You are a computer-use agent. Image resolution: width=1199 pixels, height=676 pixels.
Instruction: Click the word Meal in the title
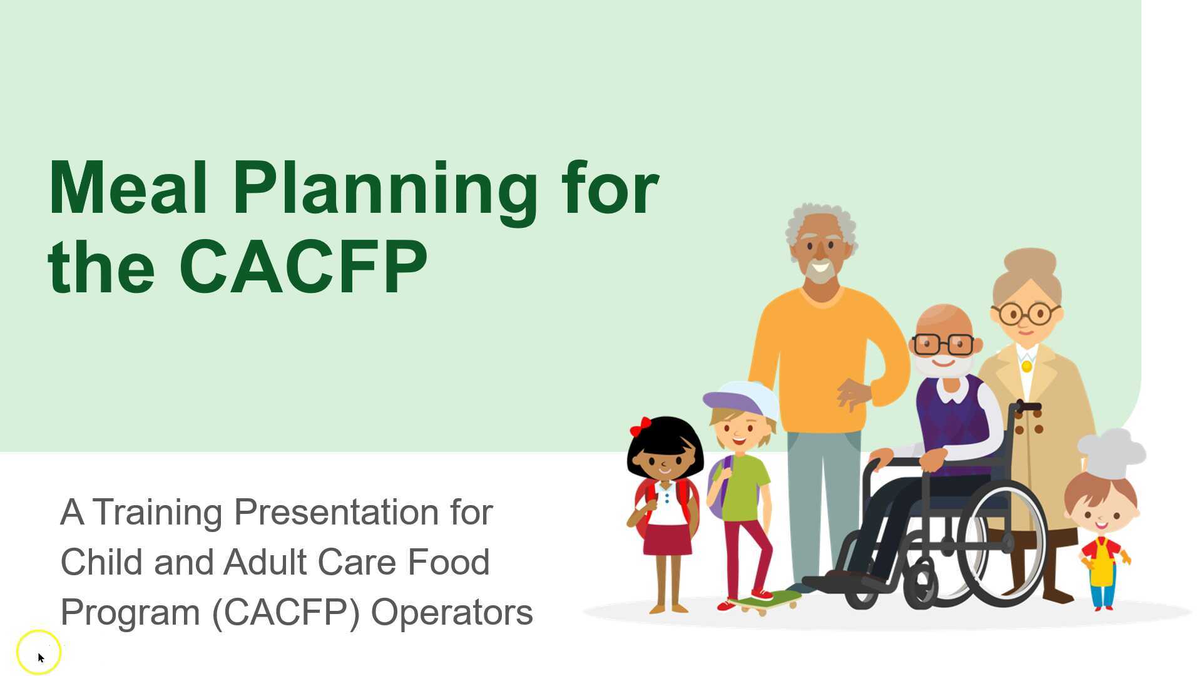click(128, 188)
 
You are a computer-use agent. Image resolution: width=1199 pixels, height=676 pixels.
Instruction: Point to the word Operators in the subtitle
click(452, 612)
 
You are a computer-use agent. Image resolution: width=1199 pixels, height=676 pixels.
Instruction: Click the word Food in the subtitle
click(448, 562)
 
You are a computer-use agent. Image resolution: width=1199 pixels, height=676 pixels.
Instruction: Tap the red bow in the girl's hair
click(640, 427)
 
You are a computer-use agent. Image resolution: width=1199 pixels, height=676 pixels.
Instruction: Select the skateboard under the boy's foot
click(765, 602)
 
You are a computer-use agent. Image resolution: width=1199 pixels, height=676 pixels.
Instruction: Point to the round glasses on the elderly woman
click(1026, 313)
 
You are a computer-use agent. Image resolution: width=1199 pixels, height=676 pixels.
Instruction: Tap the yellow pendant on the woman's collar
click(1026, 366)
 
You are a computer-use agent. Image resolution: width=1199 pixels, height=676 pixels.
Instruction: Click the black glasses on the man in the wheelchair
click(943, 344)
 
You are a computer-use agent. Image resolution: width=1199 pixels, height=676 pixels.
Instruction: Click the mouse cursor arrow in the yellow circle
click(41, 657)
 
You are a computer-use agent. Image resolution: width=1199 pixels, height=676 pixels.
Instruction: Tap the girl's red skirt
click(667, 540)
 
